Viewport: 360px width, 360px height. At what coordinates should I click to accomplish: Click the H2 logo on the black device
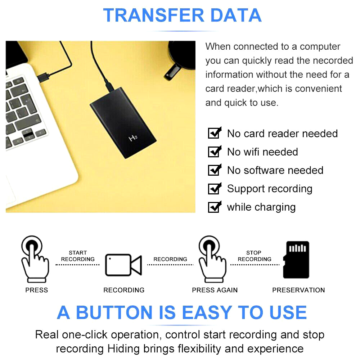[133, 138]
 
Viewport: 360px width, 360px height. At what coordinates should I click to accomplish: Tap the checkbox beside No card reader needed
[215, 133]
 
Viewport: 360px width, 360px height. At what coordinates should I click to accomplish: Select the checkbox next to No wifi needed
[215, 151]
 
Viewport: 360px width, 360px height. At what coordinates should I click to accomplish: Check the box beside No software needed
[215, 170]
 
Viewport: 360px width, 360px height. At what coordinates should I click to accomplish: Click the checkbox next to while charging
[215, 207]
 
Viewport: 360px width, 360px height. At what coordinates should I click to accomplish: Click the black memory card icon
[296, 260]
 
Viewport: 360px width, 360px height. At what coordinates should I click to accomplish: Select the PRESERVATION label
[298, 290]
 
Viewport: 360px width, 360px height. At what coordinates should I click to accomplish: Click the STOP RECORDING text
[255, 256]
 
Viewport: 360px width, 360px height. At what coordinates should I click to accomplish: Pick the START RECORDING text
[78, 256]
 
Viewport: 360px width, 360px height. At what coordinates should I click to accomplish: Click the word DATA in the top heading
[236, 15]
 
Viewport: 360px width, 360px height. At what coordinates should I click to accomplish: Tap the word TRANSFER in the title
[154, 15]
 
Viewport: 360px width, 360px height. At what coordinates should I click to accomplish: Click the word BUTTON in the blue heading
[114, 312]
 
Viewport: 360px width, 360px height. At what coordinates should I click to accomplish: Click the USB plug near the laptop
[44, 77]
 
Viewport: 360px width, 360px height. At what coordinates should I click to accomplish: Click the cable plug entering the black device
[109, 85]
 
